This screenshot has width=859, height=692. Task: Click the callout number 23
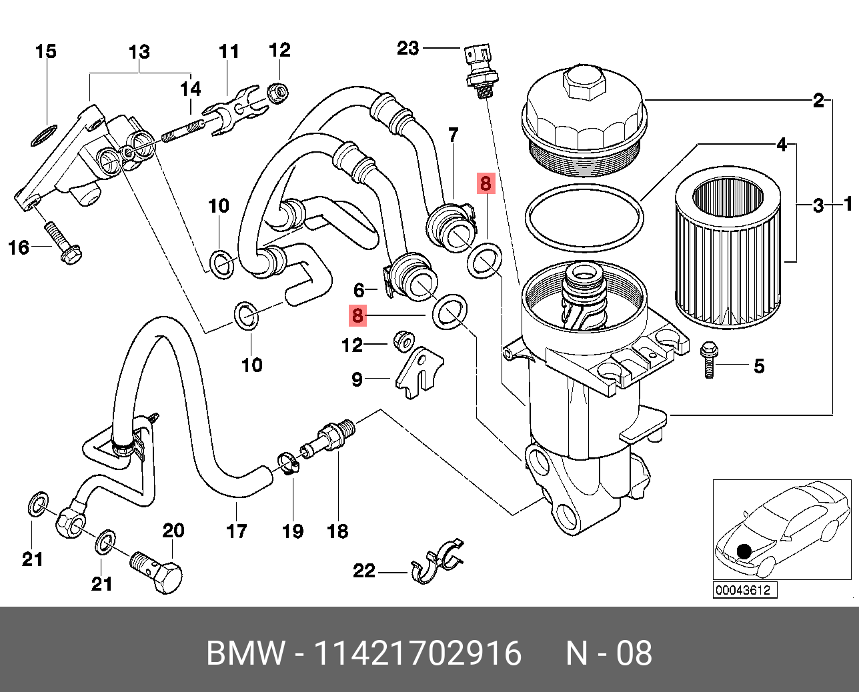tap(408, 48)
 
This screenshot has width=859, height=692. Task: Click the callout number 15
tap(45, 51)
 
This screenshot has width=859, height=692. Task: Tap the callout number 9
tap(357, 379)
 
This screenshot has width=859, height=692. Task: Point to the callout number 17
tap(237, 531)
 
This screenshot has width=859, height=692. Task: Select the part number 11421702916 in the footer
tap(417, 653)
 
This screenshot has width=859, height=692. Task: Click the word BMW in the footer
tap(246, 653)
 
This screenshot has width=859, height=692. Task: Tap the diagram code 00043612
tap(742, 590)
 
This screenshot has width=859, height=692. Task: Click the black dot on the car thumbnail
tap(744, 551)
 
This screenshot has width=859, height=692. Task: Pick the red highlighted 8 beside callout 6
tap(358, 315)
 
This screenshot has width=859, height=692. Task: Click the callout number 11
tap(229, 51)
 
